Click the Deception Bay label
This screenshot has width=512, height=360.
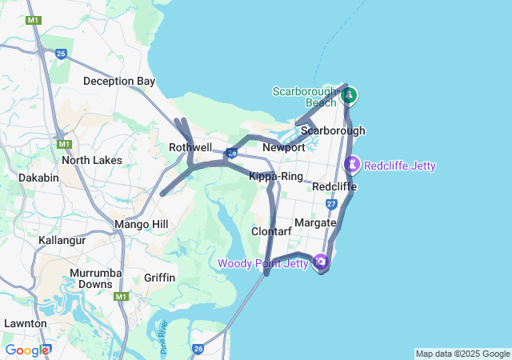tap(119, 81)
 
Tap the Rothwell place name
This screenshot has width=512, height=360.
tap(190, 147)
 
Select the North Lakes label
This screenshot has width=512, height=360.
tap(92, 160)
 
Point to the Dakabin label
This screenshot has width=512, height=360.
tap(38, 178)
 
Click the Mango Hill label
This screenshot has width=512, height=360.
tap(142, 224)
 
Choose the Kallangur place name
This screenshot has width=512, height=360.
tap(62, 240)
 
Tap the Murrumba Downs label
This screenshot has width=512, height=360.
tap(90, 278)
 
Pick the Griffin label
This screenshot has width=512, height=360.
tap(160, 278)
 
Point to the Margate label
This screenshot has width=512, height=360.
tap(315, 222)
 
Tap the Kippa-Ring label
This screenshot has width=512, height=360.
tap(276, 176)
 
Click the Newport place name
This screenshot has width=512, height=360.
tap(284, 147)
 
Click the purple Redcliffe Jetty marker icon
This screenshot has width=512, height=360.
tap(352, 165)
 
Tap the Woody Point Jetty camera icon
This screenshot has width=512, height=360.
tap(320, 262)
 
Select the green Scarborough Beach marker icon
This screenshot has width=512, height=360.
tap(349, 96)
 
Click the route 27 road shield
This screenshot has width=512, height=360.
tap(331, 205)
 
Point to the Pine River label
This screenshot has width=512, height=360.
tap(163, 327)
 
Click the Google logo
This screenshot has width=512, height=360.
tap(27, 350)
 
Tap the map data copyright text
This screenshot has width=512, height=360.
tap(462, 354)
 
